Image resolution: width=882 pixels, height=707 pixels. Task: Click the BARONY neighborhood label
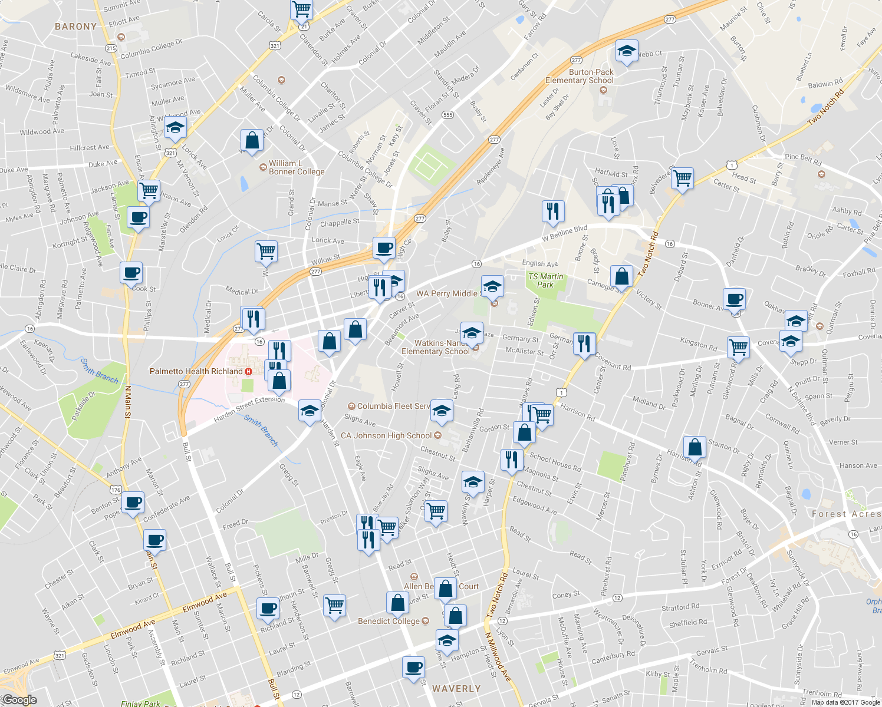tap(75, 27)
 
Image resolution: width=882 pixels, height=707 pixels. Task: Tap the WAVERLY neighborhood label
tap(456, 689)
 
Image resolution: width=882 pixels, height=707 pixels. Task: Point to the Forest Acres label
tap(846, 514)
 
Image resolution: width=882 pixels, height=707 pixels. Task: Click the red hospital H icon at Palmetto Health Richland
tap(249, 371)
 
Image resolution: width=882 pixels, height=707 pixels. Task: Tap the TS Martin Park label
tap(545, 280)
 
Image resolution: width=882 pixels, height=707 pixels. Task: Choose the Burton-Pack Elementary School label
tap(579, 77)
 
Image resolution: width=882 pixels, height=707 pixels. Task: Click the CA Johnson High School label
tap(386, 435)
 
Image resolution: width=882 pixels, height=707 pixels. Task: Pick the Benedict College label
tap(389, 621)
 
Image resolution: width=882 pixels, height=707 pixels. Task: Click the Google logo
tap(19, 700)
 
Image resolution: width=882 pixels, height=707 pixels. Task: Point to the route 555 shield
tap(447, 115)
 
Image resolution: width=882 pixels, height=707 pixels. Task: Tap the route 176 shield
tap(116, 490)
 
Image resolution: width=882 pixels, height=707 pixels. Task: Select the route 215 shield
tap(111, 48)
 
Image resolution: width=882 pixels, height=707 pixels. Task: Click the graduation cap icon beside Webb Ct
tap(627, 51)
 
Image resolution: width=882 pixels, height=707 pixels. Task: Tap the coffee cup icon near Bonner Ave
tap(735, 299)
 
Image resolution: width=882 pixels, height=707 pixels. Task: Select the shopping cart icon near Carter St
tap(682, 177)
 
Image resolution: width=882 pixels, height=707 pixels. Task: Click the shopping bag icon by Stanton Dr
tap(695, 447)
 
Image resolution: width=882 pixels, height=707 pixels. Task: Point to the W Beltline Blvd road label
tap(565, 233)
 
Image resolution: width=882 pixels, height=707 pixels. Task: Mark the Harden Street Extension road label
tap(249, 408)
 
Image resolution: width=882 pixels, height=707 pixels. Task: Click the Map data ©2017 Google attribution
tap(846, 702)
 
